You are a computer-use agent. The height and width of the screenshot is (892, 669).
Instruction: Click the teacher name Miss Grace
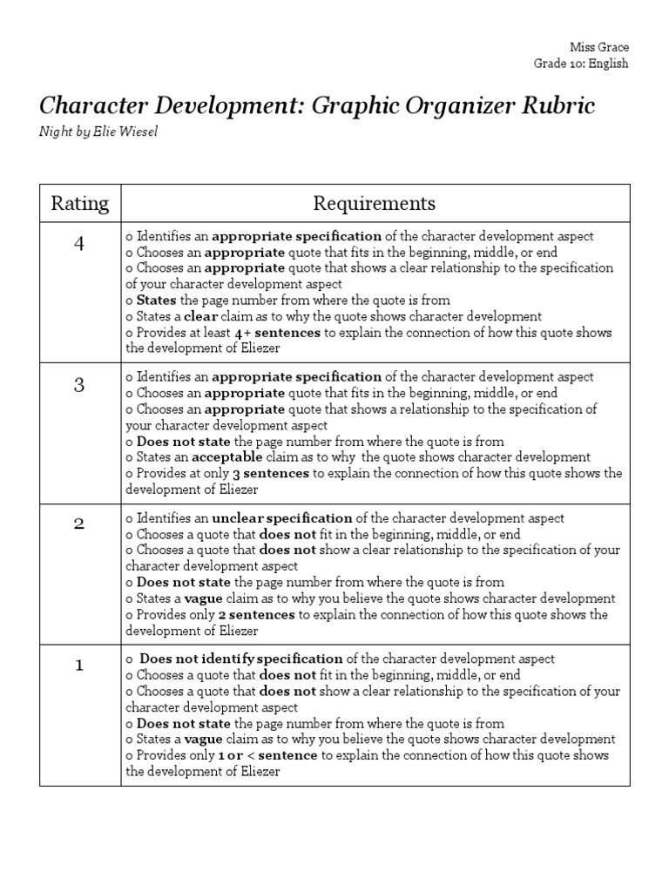point(599,46)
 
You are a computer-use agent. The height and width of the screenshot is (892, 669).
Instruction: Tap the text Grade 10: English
point(581,63)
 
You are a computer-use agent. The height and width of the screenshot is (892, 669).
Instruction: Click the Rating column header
point(80,204)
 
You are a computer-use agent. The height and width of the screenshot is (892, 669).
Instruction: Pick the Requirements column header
point(375,204)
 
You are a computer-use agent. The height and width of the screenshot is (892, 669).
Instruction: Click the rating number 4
point(80,244)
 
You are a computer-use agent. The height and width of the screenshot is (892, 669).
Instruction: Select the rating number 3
point(80,384)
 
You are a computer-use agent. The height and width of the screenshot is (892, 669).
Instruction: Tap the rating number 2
point(80,525)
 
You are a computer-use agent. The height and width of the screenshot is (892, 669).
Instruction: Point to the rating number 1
point(80,666)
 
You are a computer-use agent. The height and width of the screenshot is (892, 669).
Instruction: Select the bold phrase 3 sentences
point(270,474)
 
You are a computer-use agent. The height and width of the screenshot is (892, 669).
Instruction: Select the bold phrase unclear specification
point(282,518)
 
